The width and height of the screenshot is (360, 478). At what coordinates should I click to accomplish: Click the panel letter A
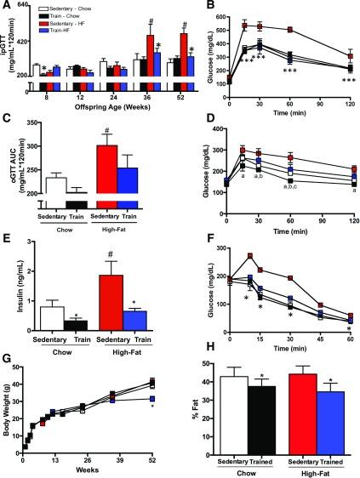(7, 7)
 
